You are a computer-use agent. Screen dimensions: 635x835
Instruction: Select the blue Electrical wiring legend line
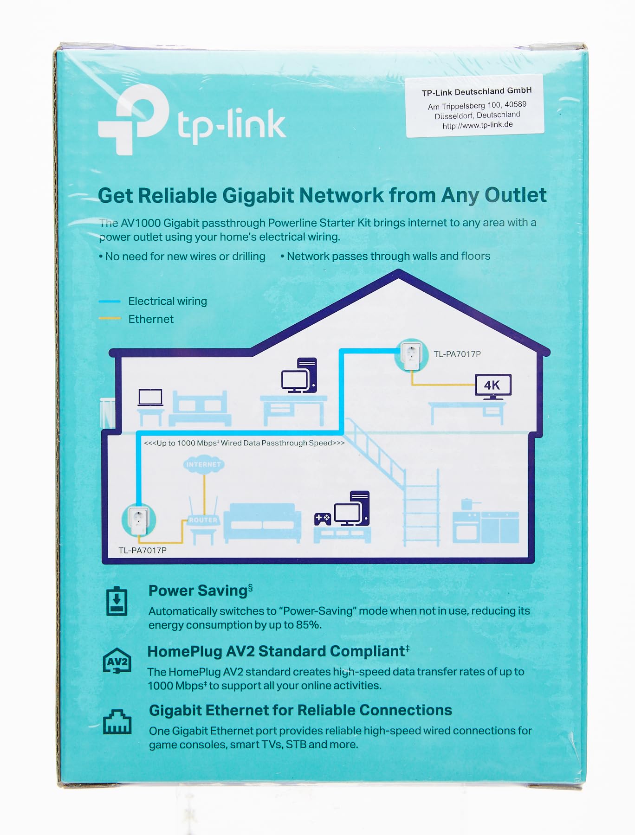point(110,302)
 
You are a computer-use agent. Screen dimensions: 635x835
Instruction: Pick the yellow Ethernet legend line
point(110,319)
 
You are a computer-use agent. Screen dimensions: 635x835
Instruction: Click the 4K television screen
point(492,385)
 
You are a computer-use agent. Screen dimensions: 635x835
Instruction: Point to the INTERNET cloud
point(203,464)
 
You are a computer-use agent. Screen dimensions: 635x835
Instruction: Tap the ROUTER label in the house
point(203,520)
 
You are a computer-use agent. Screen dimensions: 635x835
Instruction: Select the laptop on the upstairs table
point(150,398)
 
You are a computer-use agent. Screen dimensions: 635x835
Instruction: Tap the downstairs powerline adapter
point(138,520)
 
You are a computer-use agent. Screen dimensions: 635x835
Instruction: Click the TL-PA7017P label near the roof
point(457,354)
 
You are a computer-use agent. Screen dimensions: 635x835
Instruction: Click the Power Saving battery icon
point(117,601)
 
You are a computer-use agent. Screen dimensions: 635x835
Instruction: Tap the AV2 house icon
point(117,661)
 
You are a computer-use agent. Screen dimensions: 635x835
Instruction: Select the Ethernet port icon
point(117,722)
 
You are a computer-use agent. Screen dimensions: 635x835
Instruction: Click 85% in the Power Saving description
point(308,625)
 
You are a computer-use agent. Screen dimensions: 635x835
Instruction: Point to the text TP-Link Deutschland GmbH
point(476,92)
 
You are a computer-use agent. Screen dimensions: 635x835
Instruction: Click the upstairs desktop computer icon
point(299,375)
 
